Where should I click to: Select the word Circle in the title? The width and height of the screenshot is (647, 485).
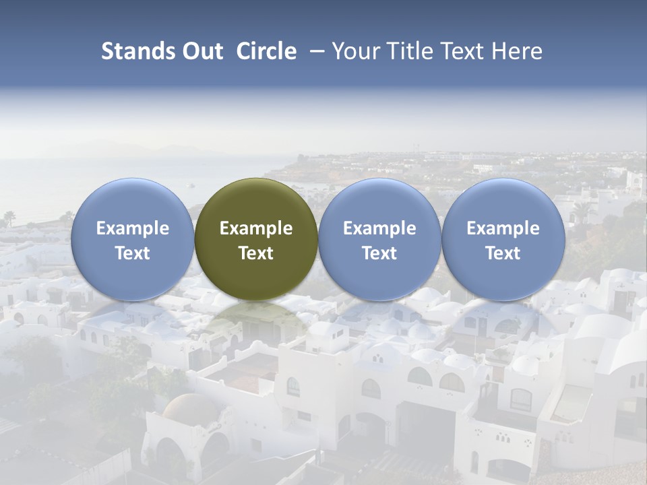pyautogui.click(x=266, y=51)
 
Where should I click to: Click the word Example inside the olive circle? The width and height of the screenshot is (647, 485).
pyautogui.click(x=256, y=228)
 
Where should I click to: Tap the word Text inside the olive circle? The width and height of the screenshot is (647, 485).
pyautogui.click(x=256, y=253)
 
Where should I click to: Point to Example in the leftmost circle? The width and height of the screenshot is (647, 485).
pyautogui.click(x=132, y=228)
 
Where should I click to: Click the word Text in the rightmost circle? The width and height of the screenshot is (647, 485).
pyautogui.click(x=503, y=253)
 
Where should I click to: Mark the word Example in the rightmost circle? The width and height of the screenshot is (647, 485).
pyautogui.click(x=503, y=228)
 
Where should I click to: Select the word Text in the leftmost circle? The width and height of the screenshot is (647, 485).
pyautogui.click(x=132, y=253)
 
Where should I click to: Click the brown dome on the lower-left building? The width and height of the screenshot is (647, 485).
pyautogui.click(x=191, y=408)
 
